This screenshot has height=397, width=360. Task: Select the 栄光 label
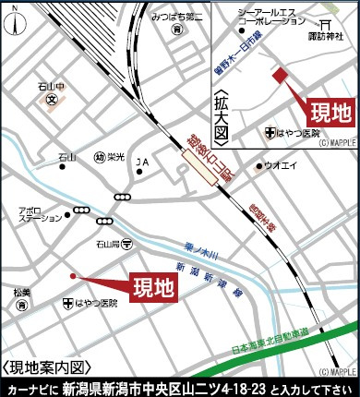pyautogui.click(x=115, y=156)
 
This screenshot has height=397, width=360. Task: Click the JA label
pyautogui.click(x=142, y=162)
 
